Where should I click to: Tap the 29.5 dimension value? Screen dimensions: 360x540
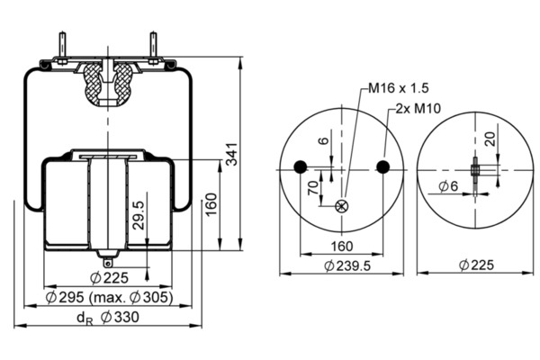click(x=138, y=215)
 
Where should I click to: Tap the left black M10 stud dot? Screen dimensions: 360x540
click(x=300, y=166)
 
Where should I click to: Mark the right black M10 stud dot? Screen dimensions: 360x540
click(x=383, y=166)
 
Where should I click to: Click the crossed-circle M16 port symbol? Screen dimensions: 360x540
click(x=341, y=206)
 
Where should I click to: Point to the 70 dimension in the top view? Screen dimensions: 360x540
click(x=313, y=190)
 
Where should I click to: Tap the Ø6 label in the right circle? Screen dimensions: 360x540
click(x=450, y=186)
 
